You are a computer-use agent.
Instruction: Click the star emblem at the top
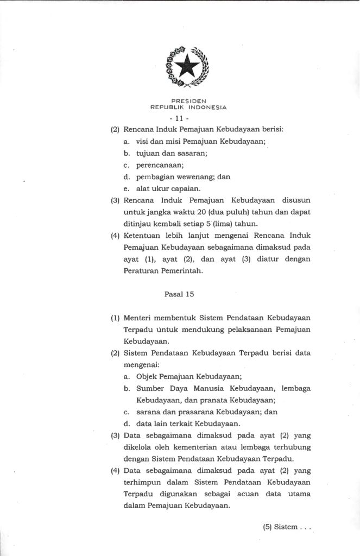[x=188, y=67]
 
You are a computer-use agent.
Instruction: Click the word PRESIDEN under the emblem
[x=188, y=101]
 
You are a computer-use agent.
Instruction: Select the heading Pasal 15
[x=179, y=294]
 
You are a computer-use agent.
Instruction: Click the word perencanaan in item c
[x=160, y=165]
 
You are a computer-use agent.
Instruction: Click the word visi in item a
[x=143, y=141]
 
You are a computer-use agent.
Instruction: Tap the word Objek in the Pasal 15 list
[x=147, y=376]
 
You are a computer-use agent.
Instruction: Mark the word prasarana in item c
[x=192, y=412]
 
